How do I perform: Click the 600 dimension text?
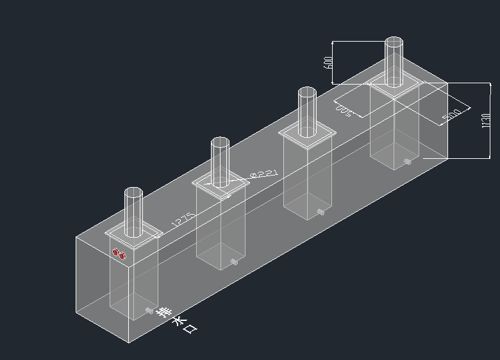tap(328, 62)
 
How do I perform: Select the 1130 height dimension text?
tap(486, 120)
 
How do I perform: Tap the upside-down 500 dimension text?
tap(344, 111)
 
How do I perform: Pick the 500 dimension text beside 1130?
tap(452, 115)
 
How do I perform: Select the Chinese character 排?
tap(165, 313)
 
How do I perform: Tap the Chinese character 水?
tap(178, 321)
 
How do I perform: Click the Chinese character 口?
tap(190, 329)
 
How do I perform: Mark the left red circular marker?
tap(116, 252)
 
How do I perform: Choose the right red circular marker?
tap(122, 256)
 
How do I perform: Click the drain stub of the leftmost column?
tap(149, 311)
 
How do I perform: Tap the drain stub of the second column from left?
tap(235, 262)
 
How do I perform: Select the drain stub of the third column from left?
tap(321, 211)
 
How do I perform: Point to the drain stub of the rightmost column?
tap(408, 161)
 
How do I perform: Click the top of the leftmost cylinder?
tap(133, 192)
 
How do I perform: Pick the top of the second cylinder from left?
tap(221, 142)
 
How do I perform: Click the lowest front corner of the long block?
tap(129, 343)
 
